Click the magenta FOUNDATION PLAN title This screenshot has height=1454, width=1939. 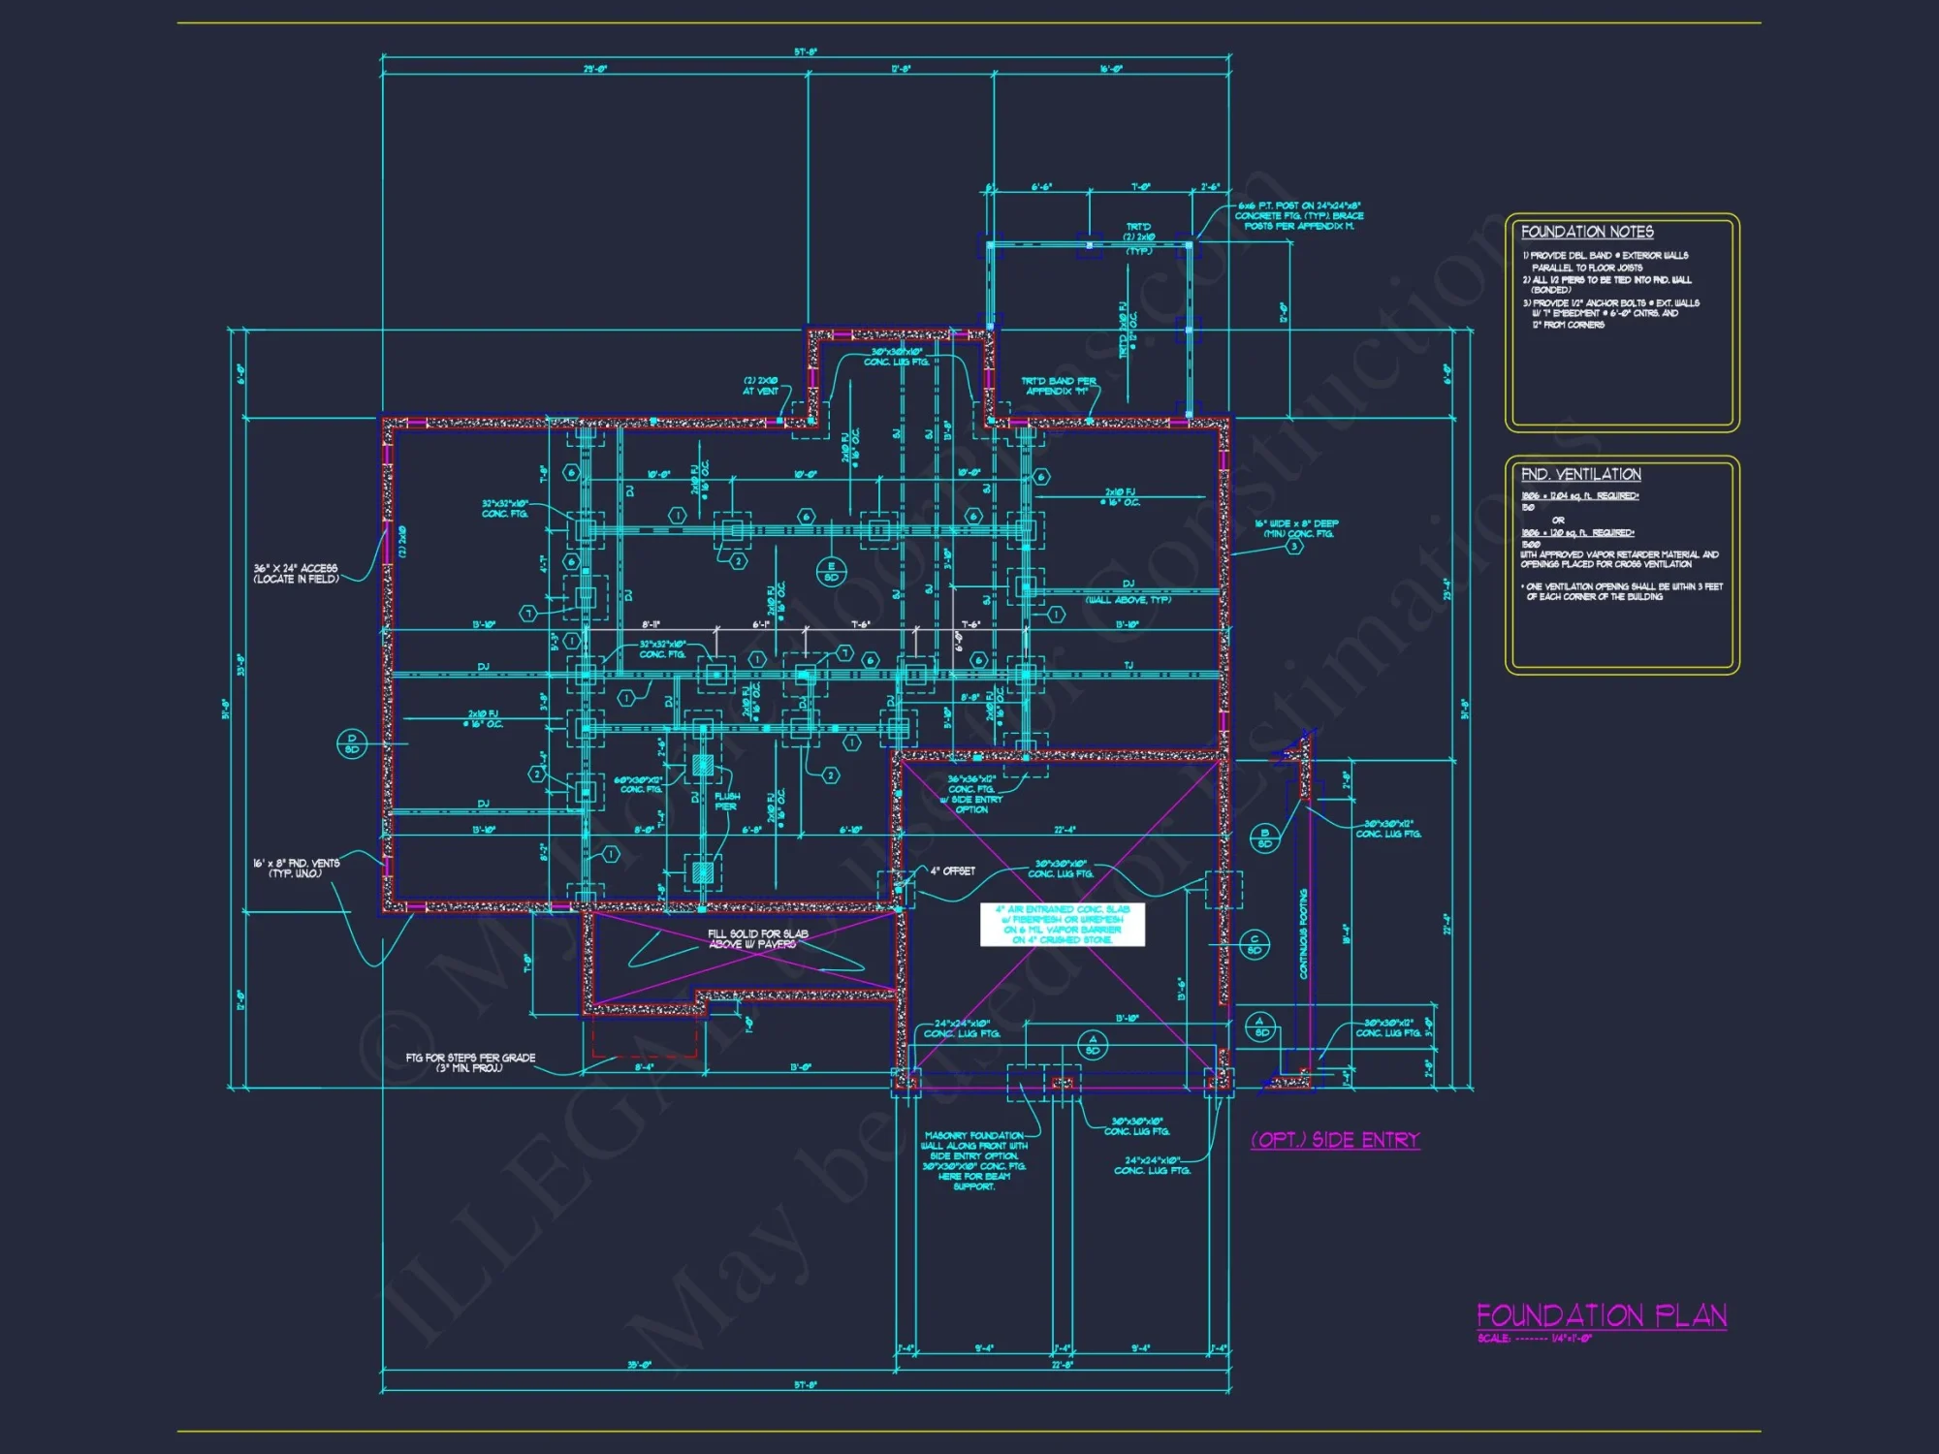coord(1601,1315)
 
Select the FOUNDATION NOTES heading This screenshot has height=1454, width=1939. coord(1587,232)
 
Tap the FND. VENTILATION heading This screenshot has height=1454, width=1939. coord(1580,474)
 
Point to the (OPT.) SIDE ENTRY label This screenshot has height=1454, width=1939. coord(1335,1140)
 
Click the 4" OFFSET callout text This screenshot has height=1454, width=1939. coord(952,871)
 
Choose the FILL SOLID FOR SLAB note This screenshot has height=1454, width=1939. coord(757,938)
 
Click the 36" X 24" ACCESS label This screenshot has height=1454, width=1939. coord(296,573)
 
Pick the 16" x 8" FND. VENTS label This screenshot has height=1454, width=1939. coord(296,868)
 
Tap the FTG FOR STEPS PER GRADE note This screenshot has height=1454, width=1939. coord(470,1062)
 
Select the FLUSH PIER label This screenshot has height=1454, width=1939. coord(726,801)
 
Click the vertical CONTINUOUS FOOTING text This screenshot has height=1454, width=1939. coord(1304,933)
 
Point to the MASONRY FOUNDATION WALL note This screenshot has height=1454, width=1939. coord(973,1160)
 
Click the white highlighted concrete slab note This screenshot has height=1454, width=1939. coord(1063,925)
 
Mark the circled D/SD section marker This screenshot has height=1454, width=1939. coord(351,743)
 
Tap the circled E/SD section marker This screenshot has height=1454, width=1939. coord(831,571)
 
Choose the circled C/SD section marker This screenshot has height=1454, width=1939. coord(1255,943)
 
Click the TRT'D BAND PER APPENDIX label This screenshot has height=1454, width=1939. coord(1058,386)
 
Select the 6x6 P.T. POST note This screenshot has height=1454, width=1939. coord(1299,215)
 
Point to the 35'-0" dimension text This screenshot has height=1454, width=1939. coord(639,1365)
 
